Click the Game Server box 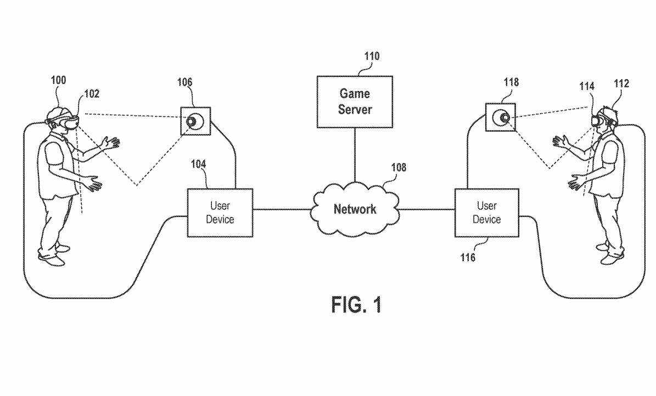[x=355, y=102]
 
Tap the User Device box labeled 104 [x=220, y=213]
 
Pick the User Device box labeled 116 [x=486, y=213]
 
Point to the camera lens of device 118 [x=502, y=118]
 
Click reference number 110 [x=372, y=57]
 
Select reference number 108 [x=399, y=168]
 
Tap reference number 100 [x=58, y=81]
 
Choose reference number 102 [x=92, y=94]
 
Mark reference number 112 [x=621, y=84]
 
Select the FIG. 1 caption [x=356, y=305]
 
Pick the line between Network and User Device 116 [x=427, y=209]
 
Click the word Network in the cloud [x=355, y=209]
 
